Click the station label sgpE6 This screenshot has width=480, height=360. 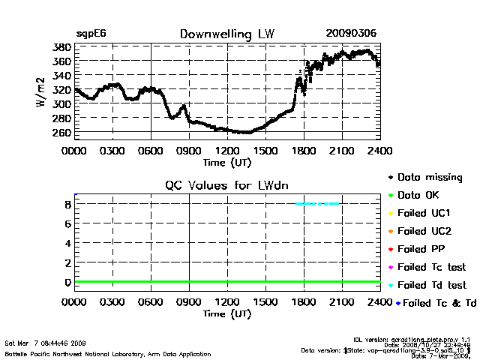point(91,34)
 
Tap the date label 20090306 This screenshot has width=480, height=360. point(351,34)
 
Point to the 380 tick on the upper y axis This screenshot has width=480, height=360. point(62,46)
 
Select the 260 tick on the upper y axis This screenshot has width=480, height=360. point(62,133)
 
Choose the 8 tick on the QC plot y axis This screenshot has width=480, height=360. point(67,203)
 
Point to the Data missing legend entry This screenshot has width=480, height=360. point(434,177)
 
